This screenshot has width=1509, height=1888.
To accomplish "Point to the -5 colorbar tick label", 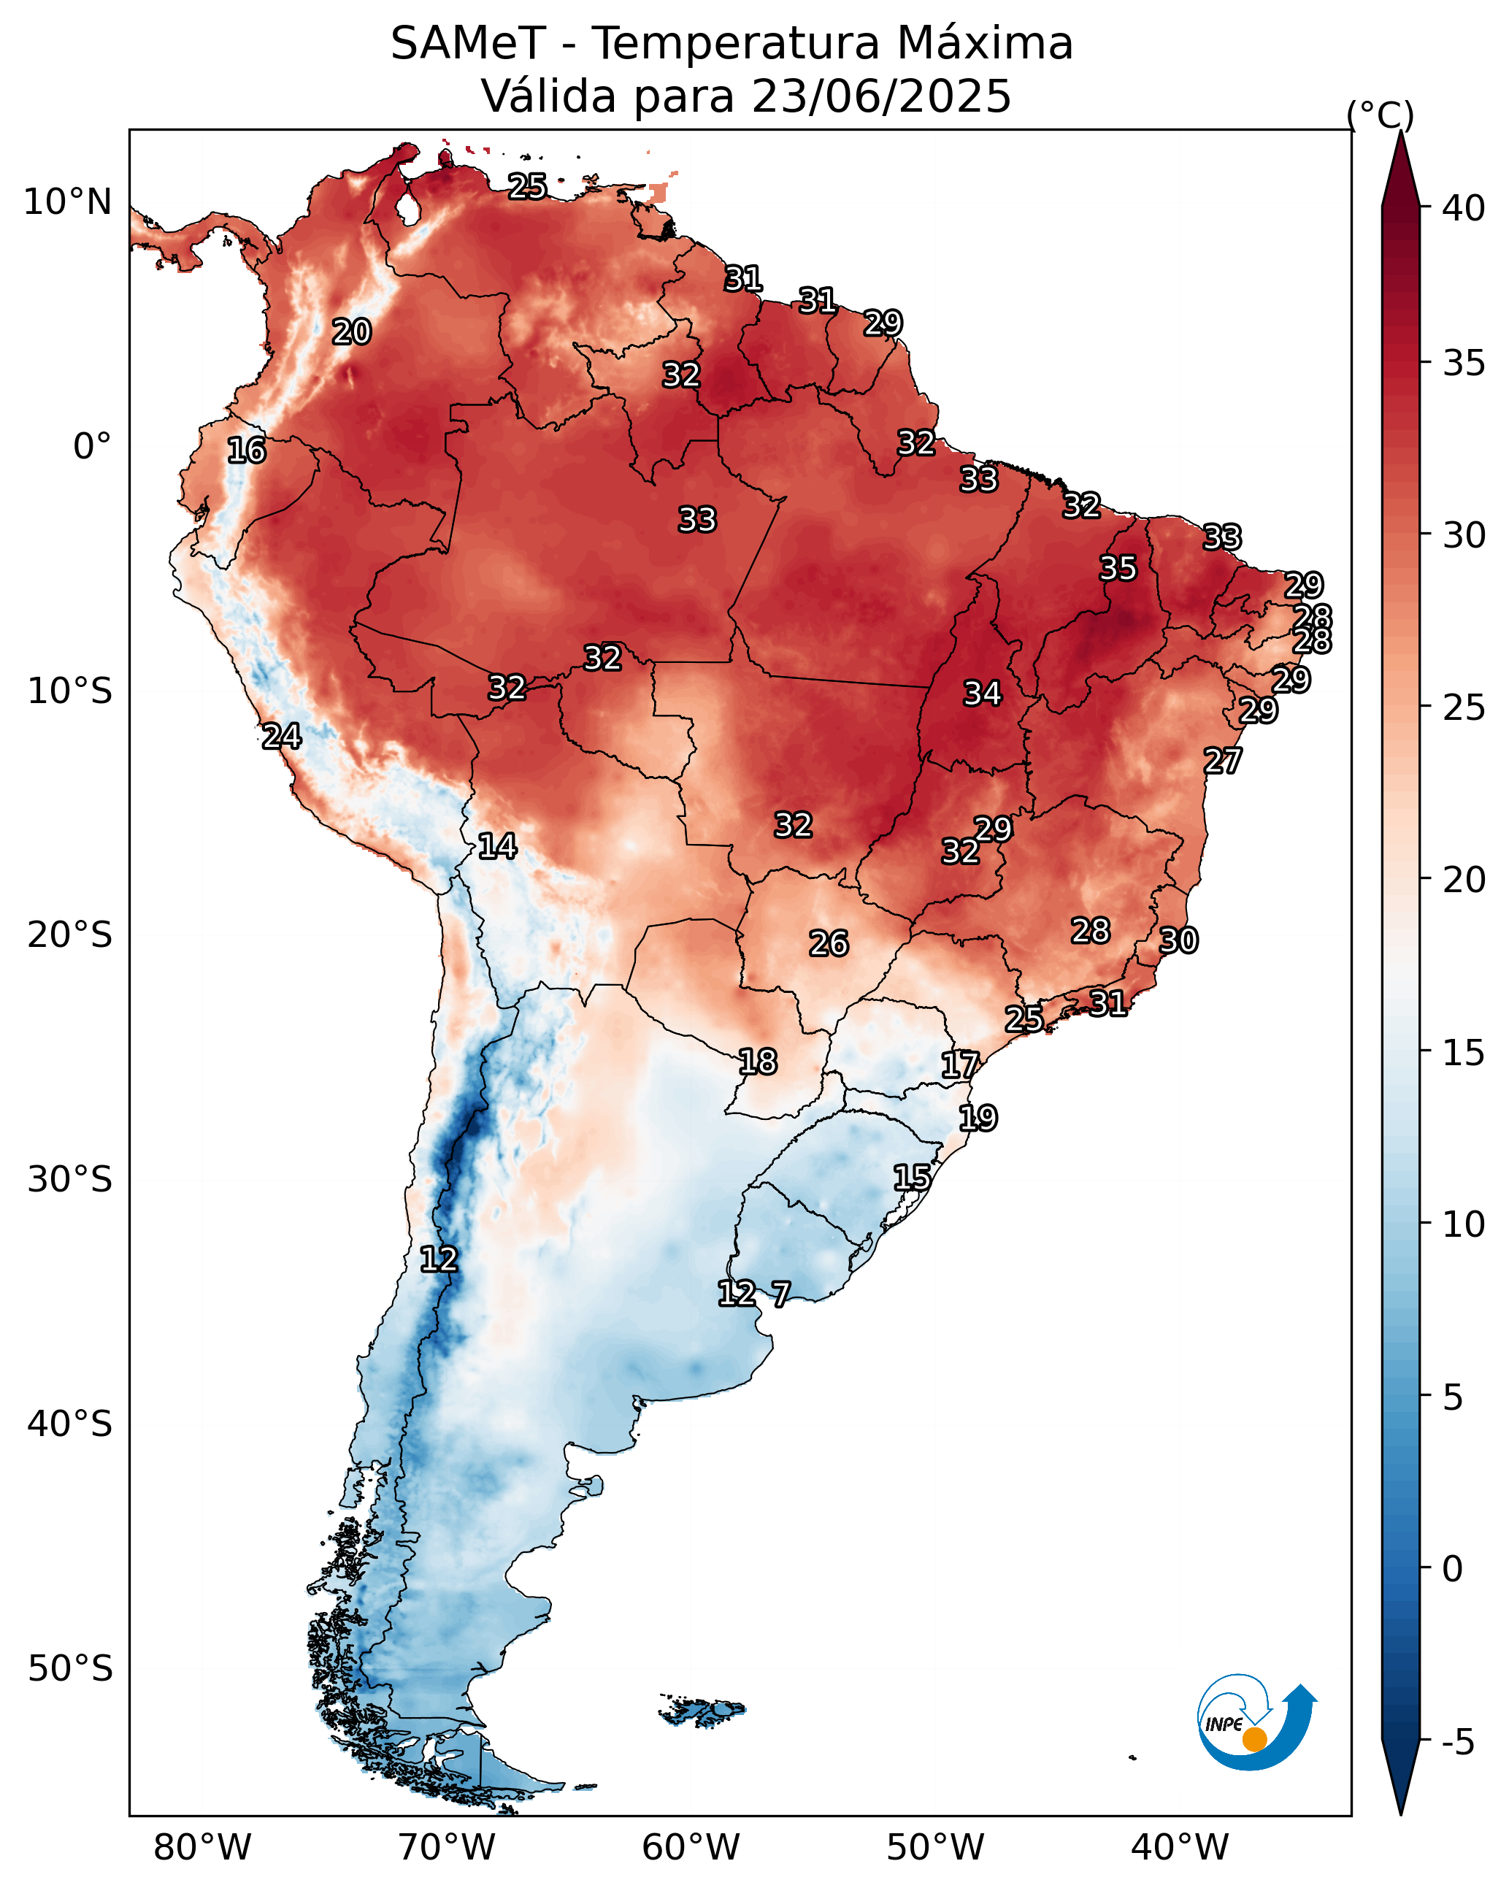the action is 1458,1741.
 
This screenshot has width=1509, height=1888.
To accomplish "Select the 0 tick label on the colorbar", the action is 1452,1568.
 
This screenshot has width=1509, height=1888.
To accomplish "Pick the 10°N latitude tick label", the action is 67,202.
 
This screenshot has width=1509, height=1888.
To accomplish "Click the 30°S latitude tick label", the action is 70,1180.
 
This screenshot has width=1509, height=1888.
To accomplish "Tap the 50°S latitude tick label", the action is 70,1669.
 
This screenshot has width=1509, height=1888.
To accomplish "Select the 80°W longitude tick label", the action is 202,1847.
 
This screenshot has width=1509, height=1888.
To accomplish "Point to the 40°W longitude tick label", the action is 1180,1847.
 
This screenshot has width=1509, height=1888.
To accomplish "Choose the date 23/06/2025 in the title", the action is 881,96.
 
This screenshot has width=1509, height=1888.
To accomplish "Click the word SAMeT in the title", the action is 469,44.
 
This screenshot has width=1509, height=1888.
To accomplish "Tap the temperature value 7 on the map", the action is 780,1294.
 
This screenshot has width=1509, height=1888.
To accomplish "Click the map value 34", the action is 983,694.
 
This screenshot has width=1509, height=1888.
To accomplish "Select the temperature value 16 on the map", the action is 247,451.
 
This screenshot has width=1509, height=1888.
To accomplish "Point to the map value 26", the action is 829,944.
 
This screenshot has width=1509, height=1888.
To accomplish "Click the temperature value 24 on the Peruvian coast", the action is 282,737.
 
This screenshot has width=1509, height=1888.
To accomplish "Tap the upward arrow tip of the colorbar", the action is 1400,131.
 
